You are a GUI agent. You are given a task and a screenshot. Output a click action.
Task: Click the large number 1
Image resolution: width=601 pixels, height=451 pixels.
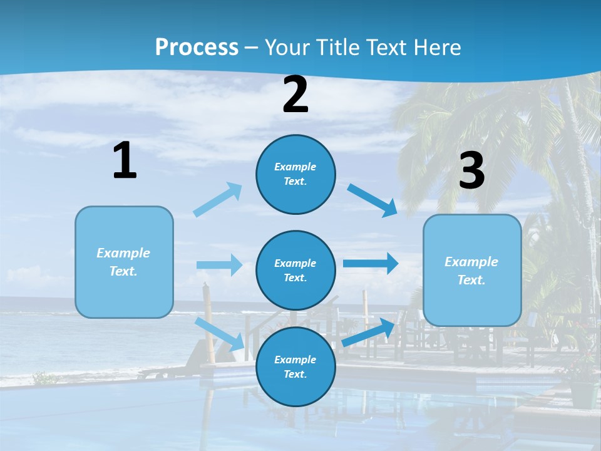tap(125, 161)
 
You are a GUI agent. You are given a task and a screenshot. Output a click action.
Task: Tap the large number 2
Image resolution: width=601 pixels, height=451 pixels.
tap(295, 95)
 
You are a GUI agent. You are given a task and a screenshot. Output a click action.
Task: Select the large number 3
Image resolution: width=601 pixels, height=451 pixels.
tap(472, 171)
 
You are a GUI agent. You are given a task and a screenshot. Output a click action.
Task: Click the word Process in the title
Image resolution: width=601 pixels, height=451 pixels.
tap(197, 47)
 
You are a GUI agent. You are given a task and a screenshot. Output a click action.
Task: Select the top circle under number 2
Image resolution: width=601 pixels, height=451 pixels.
tap(295, 174)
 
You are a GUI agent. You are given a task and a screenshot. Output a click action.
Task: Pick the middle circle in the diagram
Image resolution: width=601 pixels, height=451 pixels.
tap(295, 270)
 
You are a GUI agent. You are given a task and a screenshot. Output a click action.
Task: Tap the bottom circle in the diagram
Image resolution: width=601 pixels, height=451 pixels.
tap(295, 366)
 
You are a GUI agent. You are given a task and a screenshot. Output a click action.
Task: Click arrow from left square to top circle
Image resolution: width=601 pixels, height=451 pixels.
tap(218, 200)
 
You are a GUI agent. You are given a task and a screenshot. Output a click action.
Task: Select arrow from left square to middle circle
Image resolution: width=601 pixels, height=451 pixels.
tap(220, 265)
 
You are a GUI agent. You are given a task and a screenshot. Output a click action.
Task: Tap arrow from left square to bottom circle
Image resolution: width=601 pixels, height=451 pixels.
tap(220, 334)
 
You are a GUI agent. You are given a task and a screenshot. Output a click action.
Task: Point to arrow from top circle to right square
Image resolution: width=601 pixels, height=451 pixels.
tap(372, 200)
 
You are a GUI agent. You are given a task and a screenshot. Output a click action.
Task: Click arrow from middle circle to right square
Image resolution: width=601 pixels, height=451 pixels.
tap(371, 263)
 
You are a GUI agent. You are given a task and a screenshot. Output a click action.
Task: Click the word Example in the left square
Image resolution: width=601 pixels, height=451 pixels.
tap(123, 253)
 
